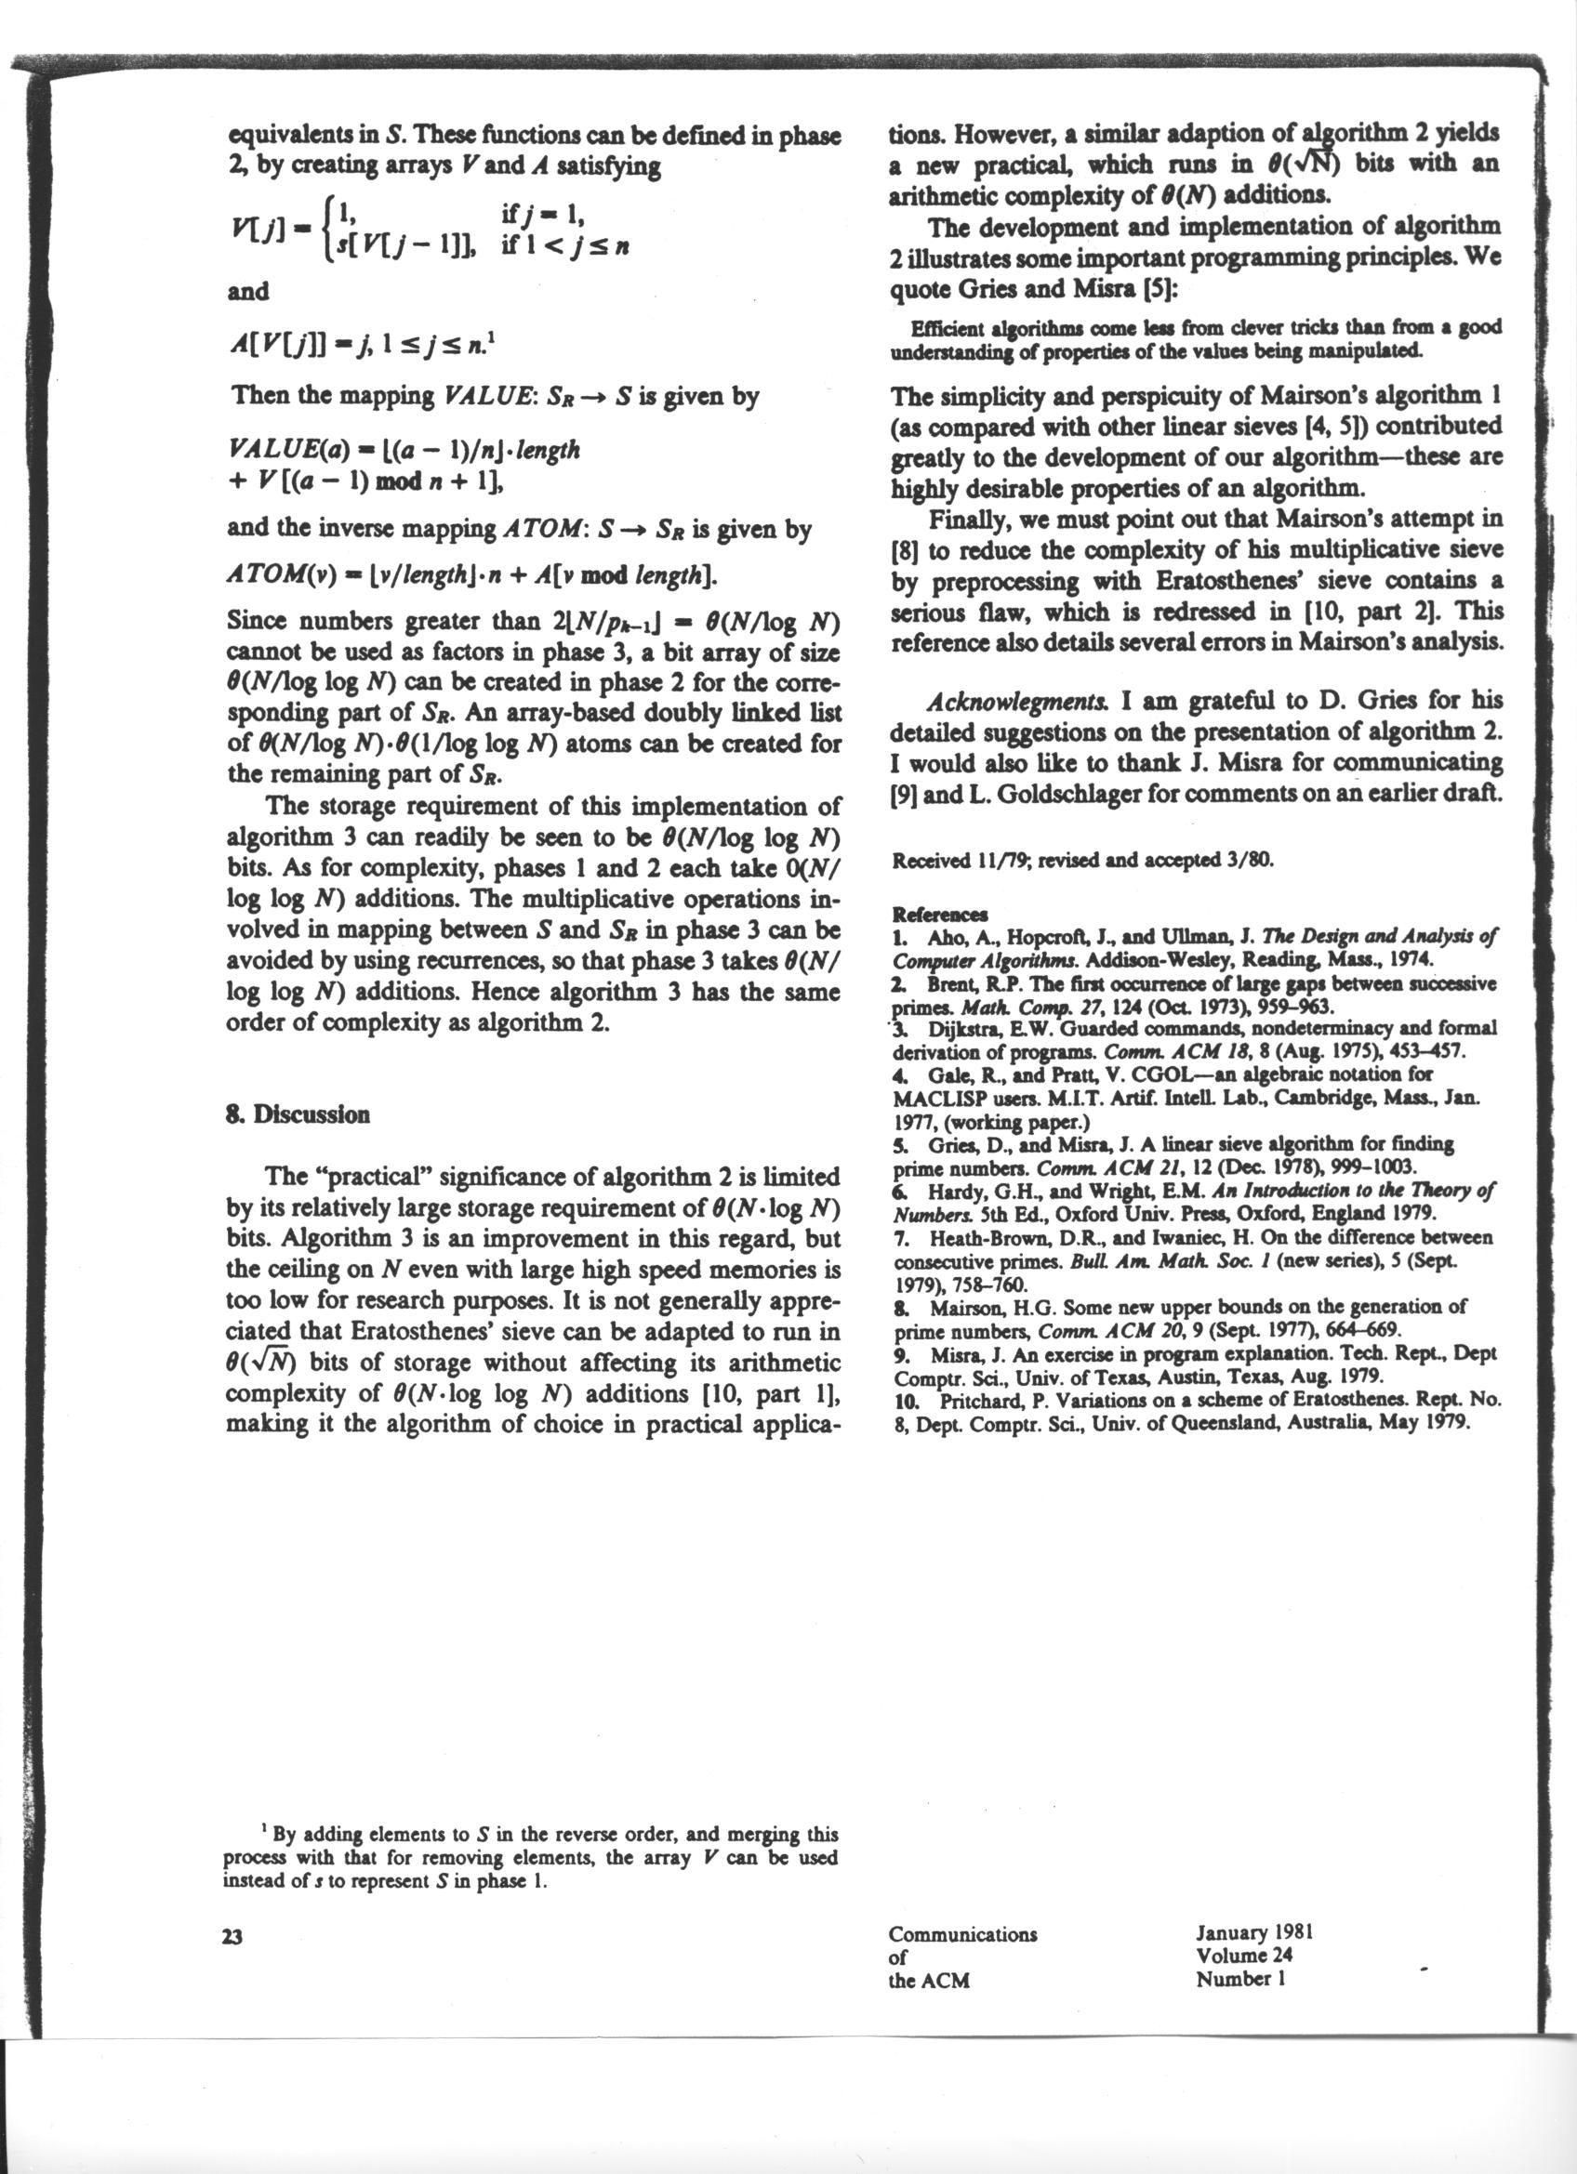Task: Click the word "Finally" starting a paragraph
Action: click(962, 520)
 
